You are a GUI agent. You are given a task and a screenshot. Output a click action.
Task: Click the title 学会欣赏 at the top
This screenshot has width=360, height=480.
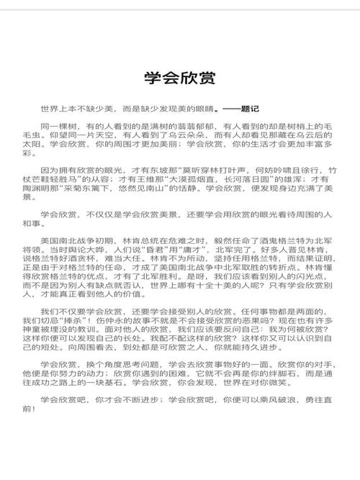pos(180,78)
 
